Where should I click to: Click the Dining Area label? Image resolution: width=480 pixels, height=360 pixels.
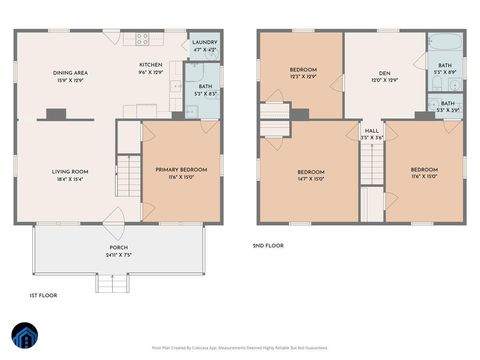click(70, 72)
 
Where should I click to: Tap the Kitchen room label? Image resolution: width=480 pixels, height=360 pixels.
click(150, 64)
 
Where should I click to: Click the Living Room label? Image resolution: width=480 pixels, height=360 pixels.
click(70, 171)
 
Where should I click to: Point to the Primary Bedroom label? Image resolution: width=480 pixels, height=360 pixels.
click(181, 169)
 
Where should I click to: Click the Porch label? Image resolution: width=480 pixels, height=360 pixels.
click(118, 247)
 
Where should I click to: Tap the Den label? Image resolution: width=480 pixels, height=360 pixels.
click(384, 72)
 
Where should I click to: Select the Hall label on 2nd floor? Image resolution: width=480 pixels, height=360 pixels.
click(371, 130)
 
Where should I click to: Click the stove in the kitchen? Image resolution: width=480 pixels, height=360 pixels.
click(143, 39)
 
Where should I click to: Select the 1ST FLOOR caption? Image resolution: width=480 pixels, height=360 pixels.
click(42, 296)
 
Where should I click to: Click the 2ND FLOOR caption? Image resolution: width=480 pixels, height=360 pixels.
click(268, 245)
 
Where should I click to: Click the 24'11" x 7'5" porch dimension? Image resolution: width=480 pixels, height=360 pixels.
click(118, 254)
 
